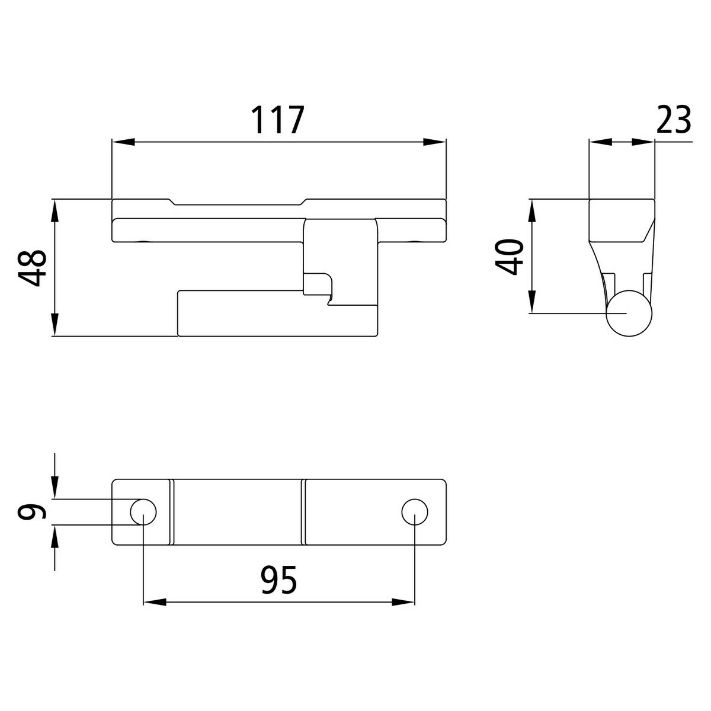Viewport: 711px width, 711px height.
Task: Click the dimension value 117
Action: pos(277,120)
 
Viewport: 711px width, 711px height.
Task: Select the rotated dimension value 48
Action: pos(33,268)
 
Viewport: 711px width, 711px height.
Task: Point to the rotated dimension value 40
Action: pos(509,257)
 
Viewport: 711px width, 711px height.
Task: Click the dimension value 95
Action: pos(278,581)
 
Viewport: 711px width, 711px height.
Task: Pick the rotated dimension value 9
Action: pos(32,512)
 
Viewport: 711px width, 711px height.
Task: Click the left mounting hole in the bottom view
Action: pos(143,512)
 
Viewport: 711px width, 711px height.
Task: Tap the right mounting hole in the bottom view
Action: pos(415,512)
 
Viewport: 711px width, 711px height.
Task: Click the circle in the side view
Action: pos(629,313)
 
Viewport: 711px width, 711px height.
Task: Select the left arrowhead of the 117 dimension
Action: pos(123,142)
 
